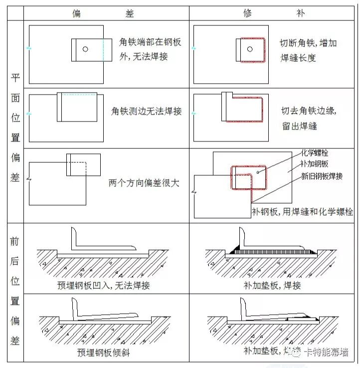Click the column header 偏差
point(104,13)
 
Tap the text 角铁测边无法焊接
point(146,111)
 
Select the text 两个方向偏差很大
point(144,183)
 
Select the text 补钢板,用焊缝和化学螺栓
point(302,212)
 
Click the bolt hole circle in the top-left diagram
point(85,49)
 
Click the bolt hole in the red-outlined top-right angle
point(249,49)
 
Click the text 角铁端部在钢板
point(150,42)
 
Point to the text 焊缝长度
point(299,58)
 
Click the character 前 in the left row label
point(15,242)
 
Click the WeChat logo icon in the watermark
point(297,353)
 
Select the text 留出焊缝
point(299,126)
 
